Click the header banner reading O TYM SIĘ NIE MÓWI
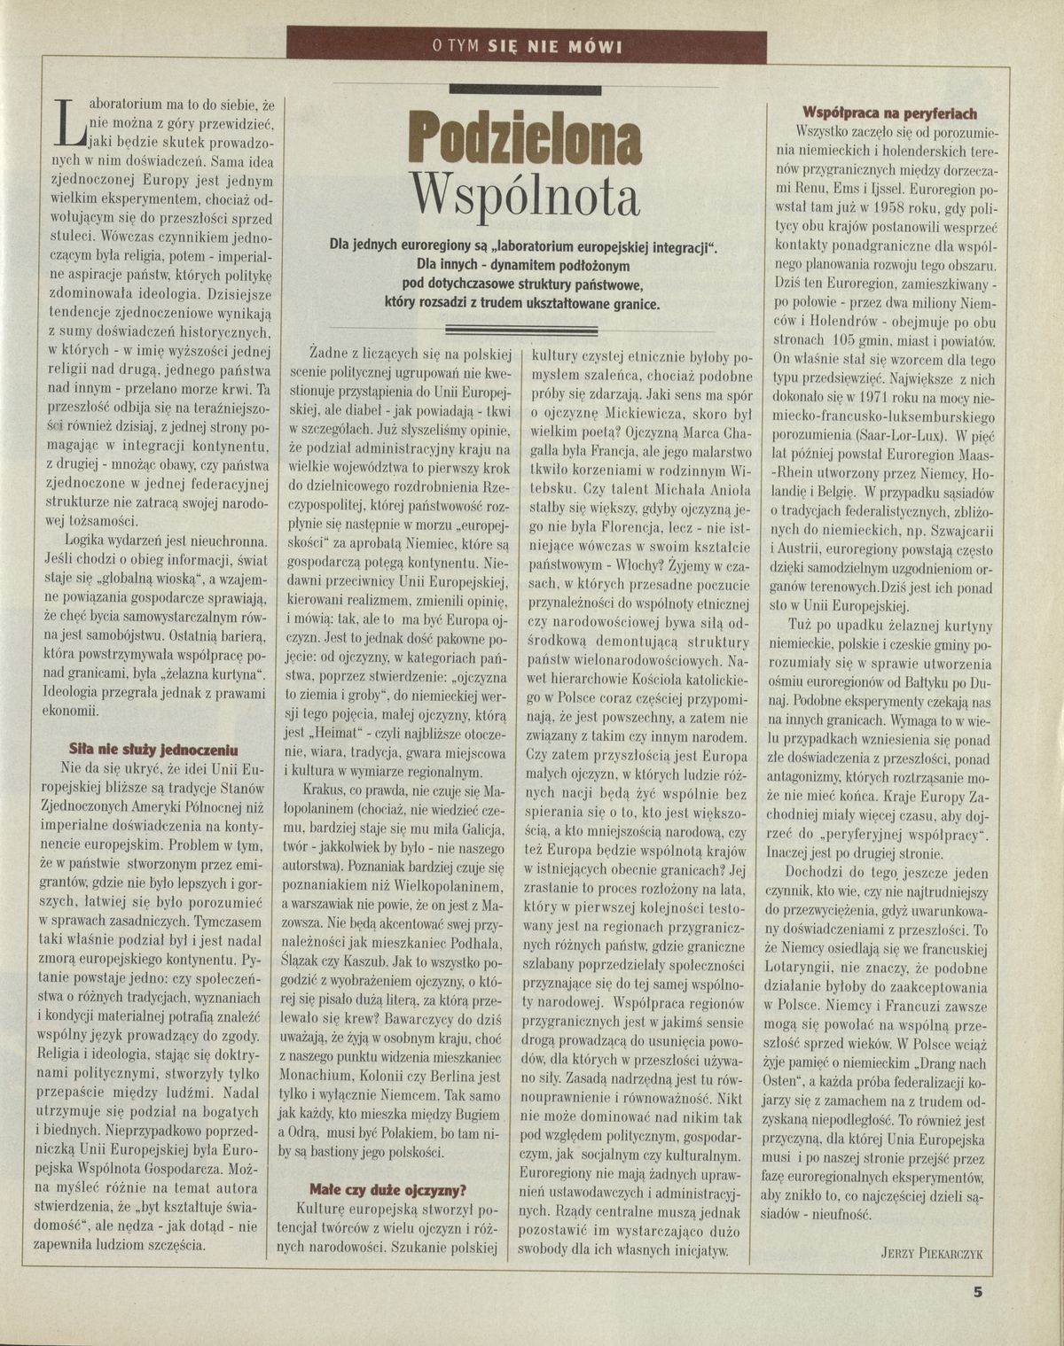pos(528,46)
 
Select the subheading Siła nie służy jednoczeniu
pos(133,746)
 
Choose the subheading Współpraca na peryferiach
pos(889,113)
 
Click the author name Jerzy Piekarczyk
pos(933,1251)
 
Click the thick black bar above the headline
pos(526,89)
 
